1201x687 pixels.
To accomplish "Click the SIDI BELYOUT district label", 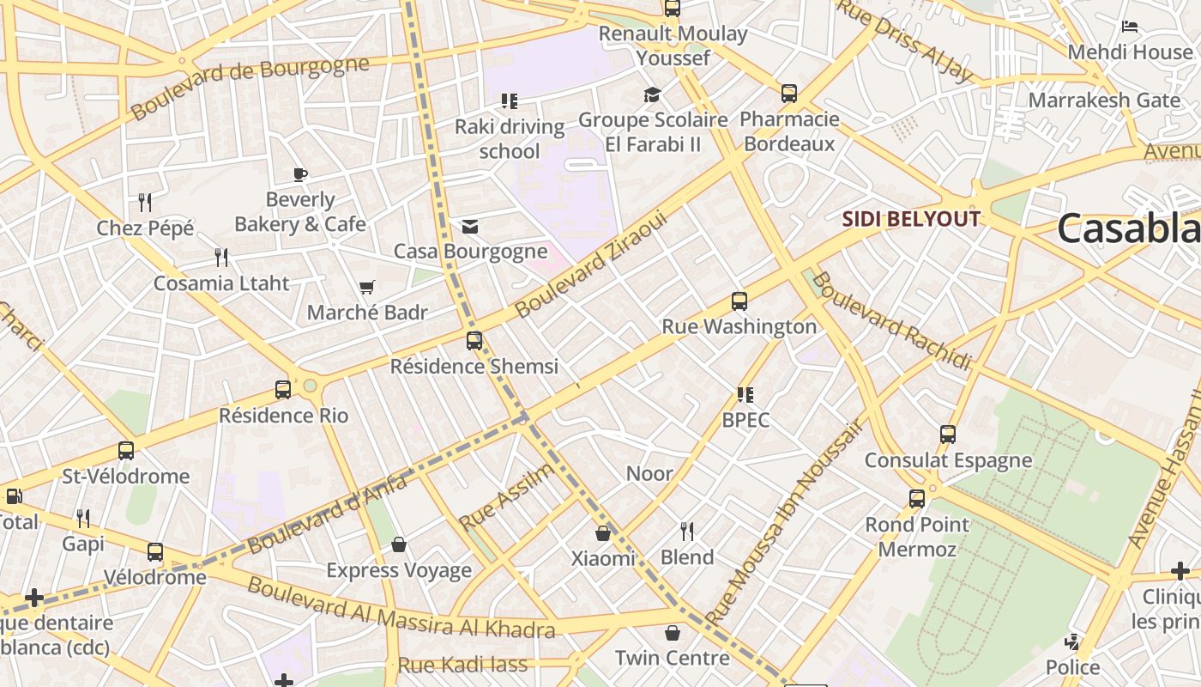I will coord(910,219).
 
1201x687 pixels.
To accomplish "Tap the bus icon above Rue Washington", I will coord(739,301).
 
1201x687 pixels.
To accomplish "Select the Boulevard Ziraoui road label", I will coord(591,265).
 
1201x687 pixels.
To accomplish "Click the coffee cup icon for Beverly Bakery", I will coord(300,175).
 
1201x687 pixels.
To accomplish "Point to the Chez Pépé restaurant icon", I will coord(145,203).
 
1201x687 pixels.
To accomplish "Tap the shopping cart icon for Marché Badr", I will coord(367,287).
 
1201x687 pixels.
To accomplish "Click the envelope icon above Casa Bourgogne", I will coord(470,227).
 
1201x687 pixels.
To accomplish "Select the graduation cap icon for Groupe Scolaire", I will coord(653,94).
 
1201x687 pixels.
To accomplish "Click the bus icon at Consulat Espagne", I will coord(948,435).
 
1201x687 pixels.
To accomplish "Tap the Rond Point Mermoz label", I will coord(917,536).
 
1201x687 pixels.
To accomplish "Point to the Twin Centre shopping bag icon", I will coord(673,634).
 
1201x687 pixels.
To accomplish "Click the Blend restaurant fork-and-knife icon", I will coord(687,532).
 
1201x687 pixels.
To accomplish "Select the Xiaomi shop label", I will coord(603,558).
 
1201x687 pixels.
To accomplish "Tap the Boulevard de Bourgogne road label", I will coord(250,88).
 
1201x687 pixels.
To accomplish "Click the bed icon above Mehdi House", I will coord(1130,27).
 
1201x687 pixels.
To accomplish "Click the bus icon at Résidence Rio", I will coord(283,390).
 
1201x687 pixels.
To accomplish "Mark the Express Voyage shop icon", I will coord(399,544).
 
